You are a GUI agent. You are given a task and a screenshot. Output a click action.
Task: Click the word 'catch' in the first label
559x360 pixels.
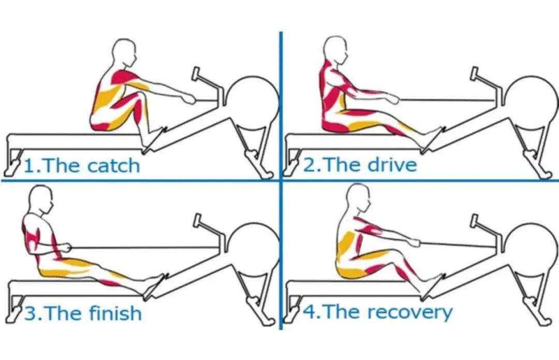pyautogui.click(x=113, y=166)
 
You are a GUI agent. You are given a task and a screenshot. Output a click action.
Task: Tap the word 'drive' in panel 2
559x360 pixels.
pyautogui.click(x=392, y=165)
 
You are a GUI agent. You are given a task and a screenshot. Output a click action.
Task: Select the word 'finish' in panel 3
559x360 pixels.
pyautogui.click(x=115, y=313)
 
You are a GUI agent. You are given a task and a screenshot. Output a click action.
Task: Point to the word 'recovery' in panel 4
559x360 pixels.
pyautogui.click(x=410, y=312)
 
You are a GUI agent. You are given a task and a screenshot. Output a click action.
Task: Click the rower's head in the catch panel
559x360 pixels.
pyautogui.click(x=124, y=53)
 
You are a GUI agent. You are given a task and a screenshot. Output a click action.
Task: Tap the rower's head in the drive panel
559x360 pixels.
pyautogui.click(x=335, y=50)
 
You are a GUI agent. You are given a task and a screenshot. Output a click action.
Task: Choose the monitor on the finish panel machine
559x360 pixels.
pyautogui.click(x=197, y=221)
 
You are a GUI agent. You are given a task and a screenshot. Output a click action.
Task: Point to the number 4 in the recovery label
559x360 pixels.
pyautogui.click(x=310, y=312)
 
